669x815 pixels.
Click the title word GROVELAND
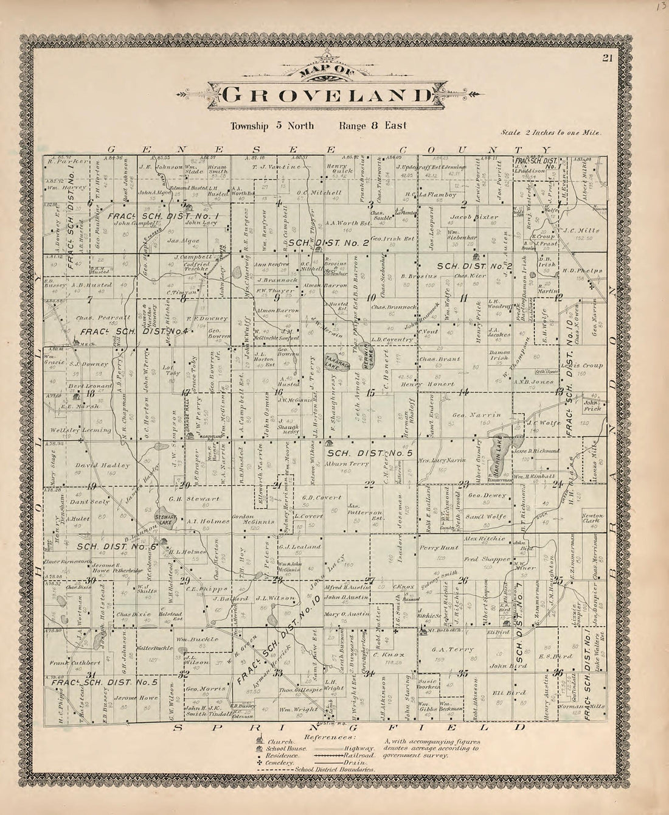coord(327,96)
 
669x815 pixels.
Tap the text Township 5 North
coord(272,126)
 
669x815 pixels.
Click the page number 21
coord(607,58)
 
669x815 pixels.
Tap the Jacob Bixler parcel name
coord(474,217)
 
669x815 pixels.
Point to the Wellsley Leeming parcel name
coord(89,430)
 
